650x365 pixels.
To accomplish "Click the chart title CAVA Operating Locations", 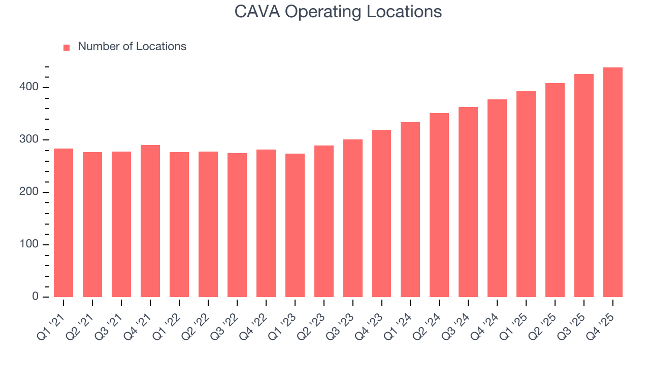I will (338, 12).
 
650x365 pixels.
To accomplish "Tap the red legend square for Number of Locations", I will (67, 47).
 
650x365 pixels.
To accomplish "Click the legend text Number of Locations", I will (132, 47).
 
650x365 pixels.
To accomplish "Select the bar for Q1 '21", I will (63, 223).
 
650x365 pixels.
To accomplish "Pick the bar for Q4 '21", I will (150, 221).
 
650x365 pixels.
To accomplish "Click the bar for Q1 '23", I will (295, 226).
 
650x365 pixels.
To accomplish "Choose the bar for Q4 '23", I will (382, 213).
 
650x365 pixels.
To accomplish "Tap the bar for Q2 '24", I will (439, 205).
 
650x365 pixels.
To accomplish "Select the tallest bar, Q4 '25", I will (613, 182).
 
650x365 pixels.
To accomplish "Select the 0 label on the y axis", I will (36, 297).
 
